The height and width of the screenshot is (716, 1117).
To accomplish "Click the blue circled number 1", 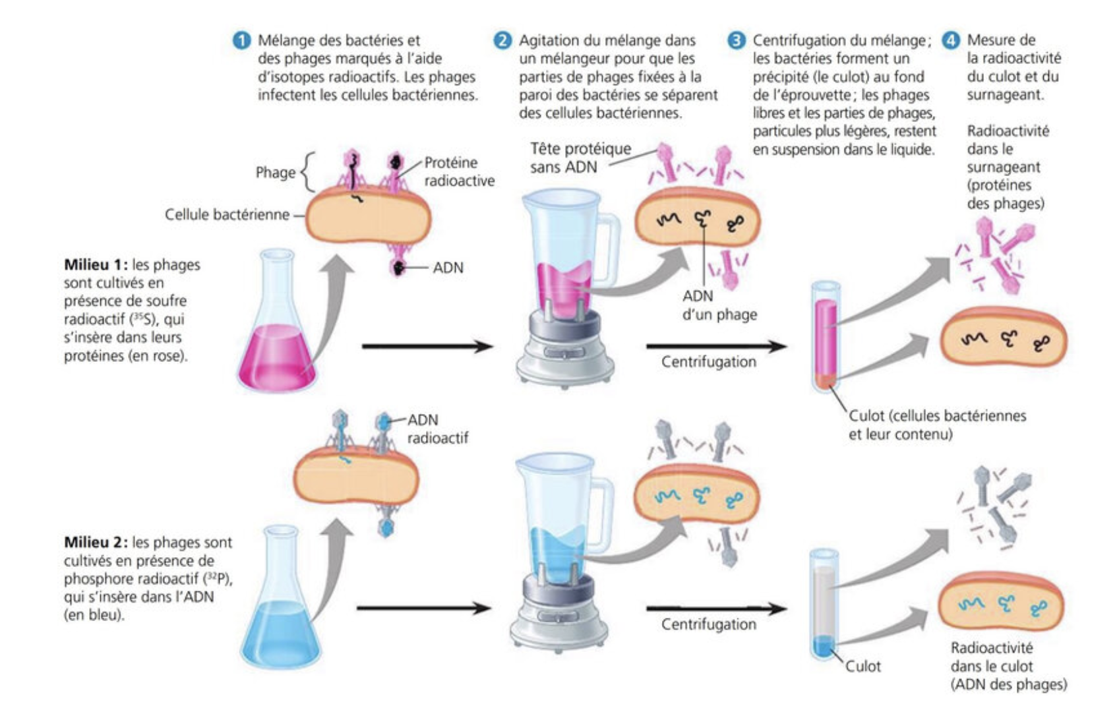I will (x=242, y=40).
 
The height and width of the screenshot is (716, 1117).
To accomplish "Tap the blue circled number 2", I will (x=503, y=40).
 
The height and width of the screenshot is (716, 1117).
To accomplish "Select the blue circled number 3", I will (x=737, y=40).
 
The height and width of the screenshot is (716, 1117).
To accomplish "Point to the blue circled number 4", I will (x=951, y=40).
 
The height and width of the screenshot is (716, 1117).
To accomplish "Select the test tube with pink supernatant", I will (x=826, y=336).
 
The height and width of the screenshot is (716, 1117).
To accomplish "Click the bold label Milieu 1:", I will (x=95, y=265).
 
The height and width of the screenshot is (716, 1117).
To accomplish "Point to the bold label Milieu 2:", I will (x=95, y=543).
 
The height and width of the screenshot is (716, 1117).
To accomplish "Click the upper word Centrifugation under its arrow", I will (x=708, y=362).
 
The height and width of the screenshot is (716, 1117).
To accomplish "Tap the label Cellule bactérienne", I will (x=227, y=215).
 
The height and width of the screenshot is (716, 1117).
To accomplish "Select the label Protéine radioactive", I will (x=459, y=171).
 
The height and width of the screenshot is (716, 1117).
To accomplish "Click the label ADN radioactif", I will (x=437, y=429).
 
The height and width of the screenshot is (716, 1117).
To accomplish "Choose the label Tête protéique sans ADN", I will (x=580, y=158).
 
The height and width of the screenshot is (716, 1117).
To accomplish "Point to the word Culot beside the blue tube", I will (x=863, y=667).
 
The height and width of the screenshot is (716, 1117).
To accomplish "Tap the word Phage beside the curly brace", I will (x=275, y=173).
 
